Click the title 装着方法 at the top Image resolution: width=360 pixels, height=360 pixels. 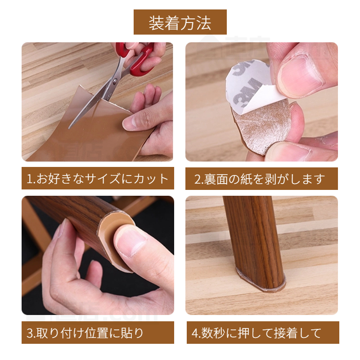point(180,22)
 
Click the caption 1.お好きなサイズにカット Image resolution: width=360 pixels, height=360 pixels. point(97,179)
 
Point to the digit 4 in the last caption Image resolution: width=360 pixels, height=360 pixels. point(194,333)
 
